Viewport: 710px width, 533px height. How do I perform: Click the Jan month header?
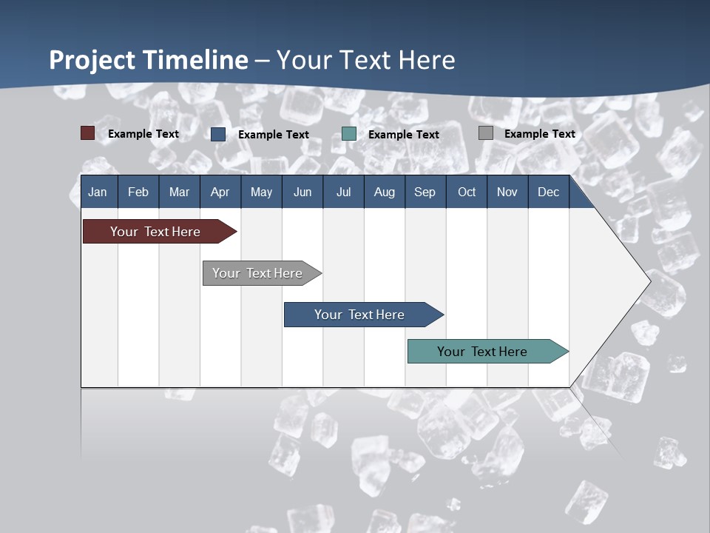[98, 192]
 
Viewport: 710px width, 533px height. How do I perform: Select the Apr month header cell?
[220, 192]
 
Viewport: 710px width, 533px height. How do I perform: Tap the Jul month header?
[343, 192]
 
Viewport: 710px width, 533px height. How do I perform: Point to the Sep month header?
[425, 192]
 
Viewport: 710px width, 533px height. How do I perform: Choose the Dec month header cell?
[548, 192]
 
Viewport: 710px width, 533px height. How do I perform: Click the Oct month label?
[467, 192]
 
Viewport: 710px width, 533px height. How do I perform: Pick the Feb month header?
[138, 192]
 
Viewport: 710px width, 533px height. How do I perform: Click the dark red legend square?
[87, 133]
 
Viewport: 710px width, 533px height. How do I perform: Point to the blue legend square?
[218, 134]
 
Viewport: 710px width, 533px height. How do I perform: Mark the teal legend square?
[349, 134]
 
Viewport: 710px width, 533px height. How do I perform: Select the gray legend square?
[486, 133]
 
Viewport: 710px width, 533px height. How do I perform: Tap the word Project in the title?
[92, 60]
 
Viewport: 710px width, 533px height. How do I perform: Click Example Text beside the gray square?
[539, 134]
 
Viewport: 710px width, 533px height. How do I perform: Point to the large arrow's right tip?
[649, 281]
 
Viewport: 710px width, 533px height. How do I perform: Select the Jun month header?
[302, 192]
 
